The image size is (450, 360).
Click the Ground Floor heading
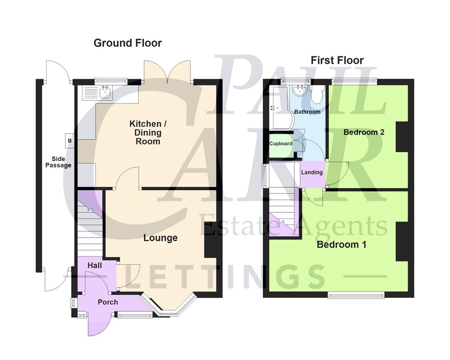pyautogui.click(x=127, y=43)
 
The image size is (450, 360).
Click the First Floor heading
pyautogui.click(x=337, y=60)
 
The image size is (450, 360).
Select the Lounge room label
pyautogui.click(x=160, y=238)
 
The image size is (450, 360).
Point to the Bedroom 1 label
pyautogui.click(x=341, y=245)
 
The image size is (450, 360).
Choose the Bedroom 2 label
pyautogui.click(x=364, y=132)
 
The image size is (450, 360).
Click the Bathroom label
pyautogui.click(x=307, y=112)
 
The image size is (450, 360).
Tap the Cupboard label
pyautogui.click(x=281, y=144)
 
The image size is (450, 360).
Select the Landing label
pyautogui.click(x=311, y=172)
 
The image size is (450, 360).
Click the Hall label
pyautogui.click(x=94, y=265)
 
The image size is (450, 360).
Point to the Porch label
pyautogui.click(x=108, y=302)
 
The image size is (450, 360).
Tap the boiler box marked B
pyautogui.click(x=69, y=140)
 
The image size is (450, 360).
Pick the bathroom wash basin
pyautogui.click(x=299, y=90)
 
